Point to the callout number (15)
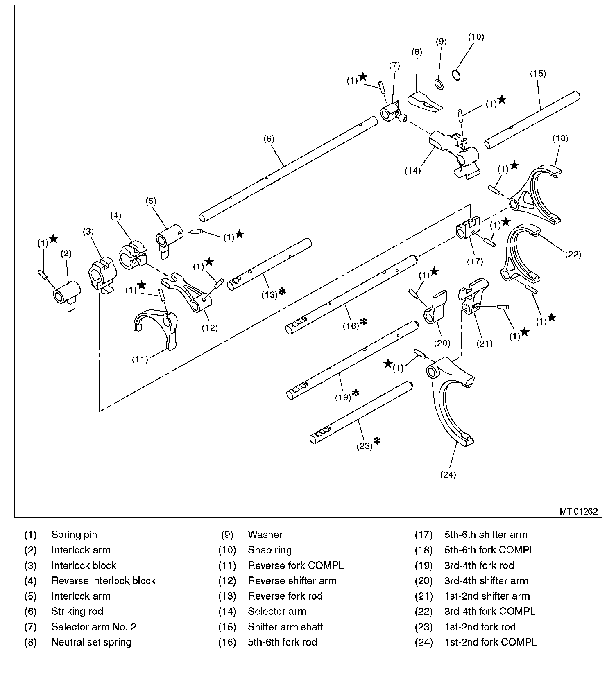pyautogui.click(x=537, y=74)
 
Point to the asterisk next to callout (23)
pyautogui.click(x=377, y=441)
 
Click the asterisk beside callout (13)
pyautogui.click(x=282, y=291)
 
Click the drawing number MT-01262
pyautogui.click(x=578, y=511)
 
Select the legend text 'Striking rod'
pyautogui.click(x=77, y=612)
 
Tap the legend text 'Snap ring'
pyautogui.click(x=269, y=550)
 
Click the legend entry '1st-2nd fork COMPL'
pyautogui.click(x=490, y=642)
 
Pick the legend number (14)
pyautogui.click(x=227, y=612)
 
